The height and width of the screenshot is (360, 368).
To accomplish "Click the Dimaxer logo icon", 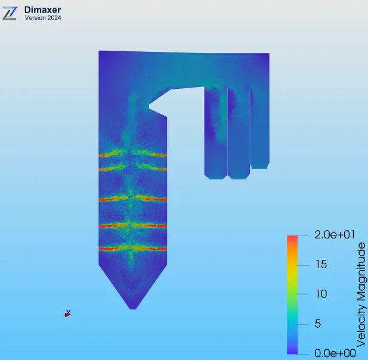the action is [10, 13].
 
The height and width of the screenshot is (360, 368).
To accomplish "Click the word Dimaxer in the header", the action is [42, 10].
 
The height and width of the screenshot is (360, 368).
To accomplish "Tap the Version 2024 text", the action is [43, 18].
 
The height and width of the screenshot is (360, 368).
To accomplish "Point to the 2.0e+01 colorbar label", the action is [335, 235].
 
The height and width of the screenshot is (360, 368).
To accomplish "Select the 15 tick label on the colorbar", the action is [321, 265].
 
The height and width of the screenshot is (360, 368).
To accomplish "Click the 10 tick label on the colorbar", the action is [321, 294].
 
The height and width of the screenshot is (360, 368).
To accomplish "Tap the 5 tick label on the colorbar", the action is [317, 324].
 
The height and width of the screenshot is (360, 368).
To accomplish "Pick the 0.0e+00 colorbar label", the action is [335, 353].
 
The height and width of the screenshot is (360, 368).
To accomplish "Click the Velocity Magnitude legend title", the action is [361, 295].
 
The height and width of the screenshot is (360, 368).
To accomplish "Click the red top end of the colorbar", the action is [292, 237].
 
